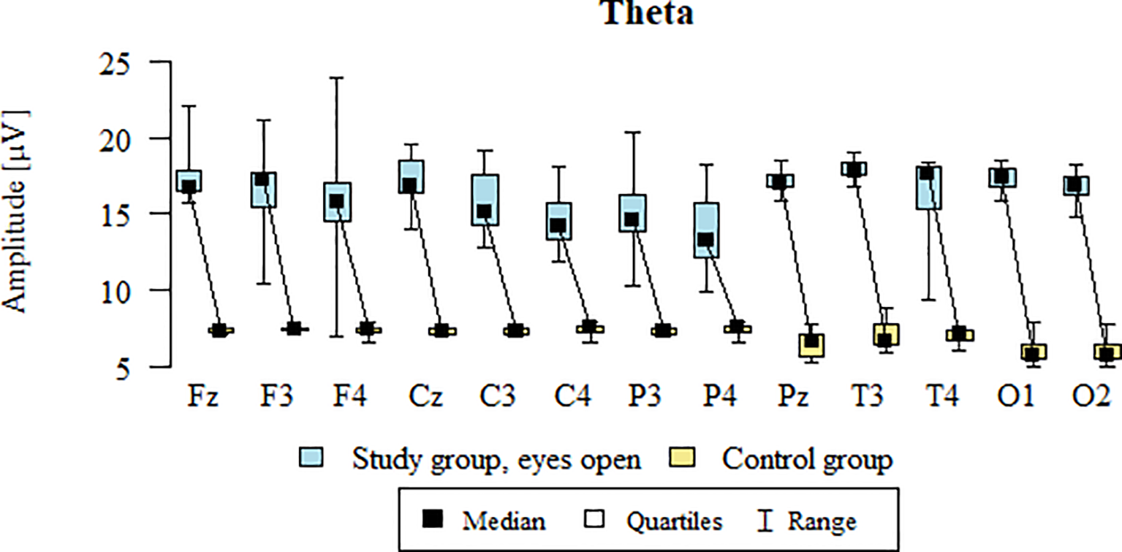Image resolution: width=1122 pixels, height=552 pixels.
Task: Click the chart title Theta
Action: pyautogui.click(x=647, y=13)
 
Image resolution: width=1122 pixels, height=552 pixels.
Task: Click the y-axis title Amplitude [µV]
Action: pyautogui.click(x=16, y=212)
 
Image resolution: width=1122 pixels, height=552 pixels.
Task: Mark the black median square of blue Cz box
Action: pyautogui.click(x=409, y=186)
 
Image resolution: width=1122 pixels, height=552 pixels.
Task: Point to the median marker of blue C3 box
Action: pyautogui.click(x=484, y=211)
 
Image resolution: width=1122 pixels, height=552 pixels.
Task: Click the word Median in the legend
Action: pyautogui.click(x=503, y=522)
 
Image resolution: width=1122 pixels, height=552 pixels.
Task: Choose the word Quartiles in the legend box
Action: pyautogui.click(x=673, y=522)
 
